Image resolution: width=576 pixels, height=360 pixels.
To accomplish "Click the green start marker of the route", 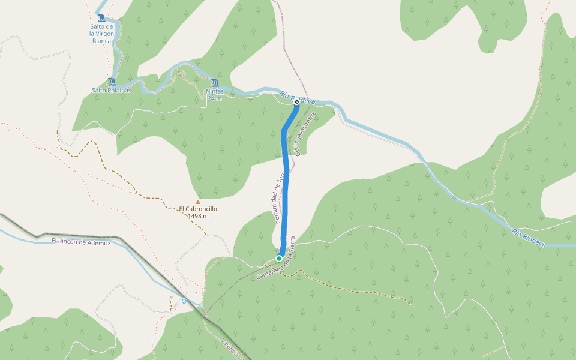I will [x=279, y=258].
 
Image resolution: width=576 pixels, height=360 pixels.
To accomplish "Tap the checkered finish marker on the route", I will [x=296, y=102].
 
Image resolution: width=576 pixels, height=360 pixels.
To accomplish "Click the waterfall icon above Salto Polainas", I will [x=111, y=82].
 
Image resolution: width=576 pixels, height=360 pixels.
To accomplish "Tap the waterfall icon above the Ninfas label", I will [x=215, y=83].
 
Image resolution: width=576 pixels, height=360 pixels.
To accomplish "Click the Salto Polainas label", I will [x=111, y=91].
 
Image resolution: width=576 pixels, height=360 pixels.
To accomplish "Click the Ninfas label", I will [x=215, y=91].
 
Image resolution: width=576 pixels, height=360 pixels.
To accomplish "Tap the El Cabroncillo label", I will [x=198, y=209].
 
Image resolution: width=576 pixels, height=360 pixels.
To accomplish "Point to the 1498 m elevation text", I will [x=198, y=216].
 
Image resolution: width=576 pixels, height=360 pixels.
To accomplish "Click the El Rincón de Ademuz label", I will [x=81, y=241].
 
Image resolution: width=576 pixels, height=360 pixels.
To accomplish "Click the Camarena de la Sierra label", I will [x=276, y=266].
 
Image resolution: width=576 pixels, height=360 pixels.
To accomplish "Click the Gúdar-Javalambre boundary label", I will [x=305, y=133].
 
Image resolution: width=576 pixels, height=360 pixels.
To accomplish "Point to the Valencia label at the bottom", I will [x=231, y=349].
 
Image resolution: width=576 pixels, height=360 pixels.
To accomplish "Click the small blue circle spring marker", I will [x=184, y=301].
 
